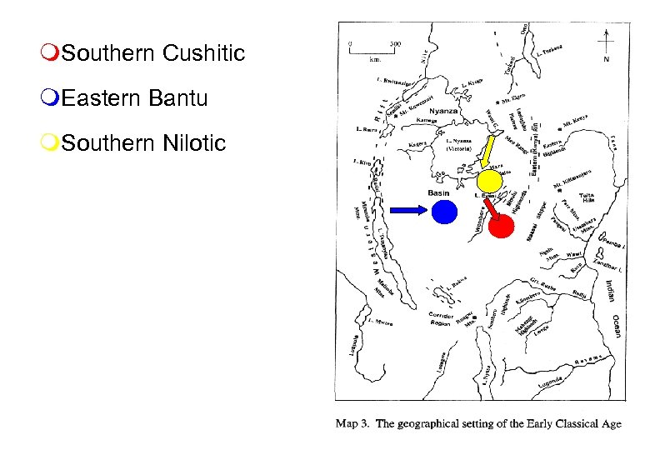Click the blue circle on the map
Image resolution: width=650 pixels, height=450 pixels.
point(444,212)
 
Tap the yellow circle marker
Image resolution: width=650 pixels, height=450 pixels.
point(489,181)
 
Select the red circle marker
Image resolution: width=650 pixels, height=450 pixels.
point(501,226)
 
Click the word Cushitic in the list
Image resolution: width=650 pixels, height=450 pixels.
point(204,54)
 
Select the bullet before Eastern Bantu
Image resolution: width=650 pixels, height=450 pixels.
point(52,99)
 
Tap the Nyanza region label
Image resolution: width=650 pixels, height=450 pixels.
point(442,110)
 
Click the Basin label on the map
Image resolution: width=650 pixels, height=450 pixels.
point(438,193)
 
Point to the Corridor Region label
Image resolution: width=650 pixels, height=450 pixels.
point(442,318)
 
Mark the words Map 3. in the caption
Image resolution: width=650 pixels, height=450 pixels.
point(354,424)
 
